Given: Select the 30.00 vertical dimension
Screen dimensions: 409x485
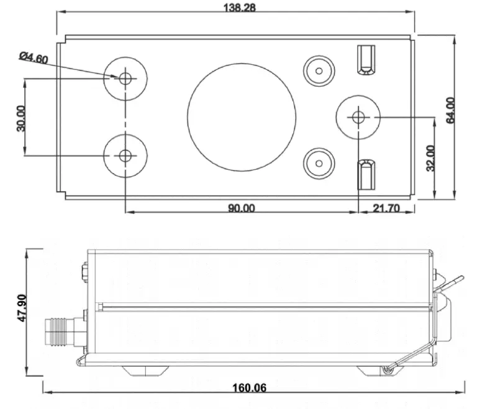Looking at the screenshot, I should click(20, 117).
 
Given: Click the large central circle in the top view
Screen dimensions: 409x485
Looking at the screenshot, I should click(242, 117).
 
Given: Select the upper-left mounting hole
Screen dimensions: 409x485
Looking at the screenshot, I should click(125, 78).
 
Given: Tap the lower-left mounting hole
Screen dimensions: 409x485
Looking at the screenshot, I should click(125, 155).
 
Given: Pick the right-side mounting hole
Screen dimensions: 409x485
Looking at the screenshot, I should click(358, 116).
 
